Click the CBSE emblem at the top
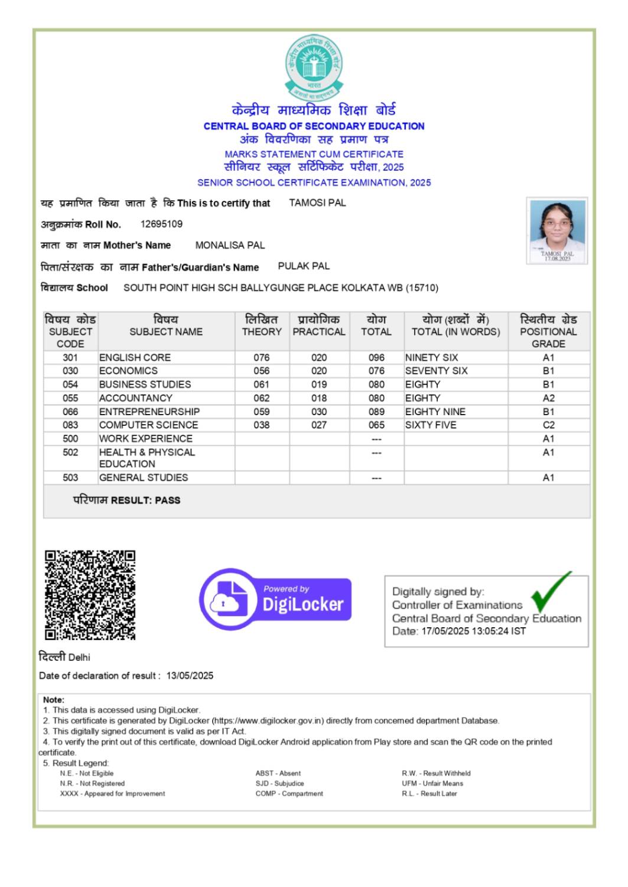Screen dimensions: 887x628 313,67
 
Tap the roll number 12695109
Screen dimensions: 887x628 161,224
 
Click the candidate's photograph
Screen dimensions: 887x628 557,230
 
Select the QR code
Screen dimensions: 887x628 90,595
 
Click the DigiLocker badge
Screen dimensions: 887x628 275,599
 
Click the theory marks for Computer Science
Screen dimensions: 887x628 261,425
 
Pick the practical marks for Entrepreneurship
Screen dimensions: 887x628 318,412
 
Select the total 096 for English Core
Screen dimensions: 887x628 376,358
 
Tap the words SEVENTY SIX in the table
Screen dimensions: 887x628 436,371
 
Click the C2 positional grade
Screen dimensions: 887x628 548,425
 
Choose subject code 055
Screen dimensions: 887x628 70,398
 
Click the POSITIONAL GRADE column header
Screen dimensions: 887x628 548,331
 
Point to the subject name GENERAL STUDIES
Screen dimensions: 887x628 144,478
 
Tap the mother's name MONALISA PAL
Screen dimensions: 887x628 230,246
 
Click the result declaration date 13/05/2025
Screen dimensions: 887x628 190,676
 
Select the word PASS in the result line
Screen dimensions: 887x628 167,500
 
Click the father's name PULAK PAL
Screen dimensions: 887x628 304,266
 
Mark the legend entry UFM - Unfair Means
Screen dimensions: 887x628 432,784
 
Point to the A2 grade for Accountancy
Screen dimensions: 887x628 548,398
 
